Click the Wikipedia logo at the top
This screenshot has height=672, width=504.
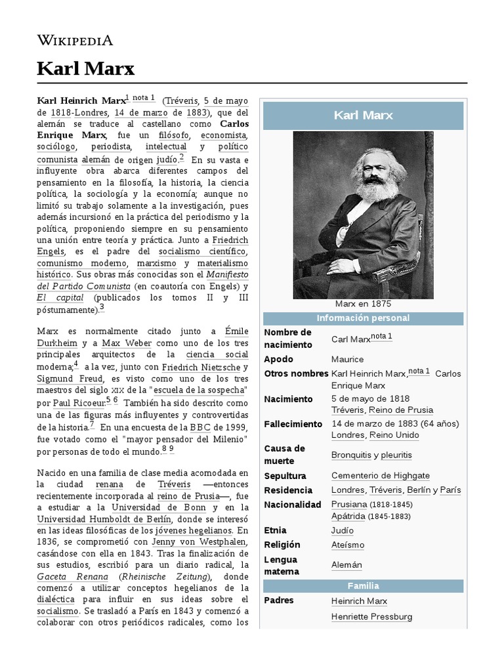click(x=75, y=40)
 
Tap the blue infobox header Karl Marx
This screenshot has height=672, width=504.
click(x=363, y=115)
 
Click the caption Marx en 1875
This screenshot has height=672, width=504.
click(x=363, y=304)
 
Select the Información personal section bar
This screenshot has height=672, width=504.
click(x=363, y=318)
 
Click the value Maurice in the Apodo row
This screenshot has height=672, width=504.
click(x=348, y=359)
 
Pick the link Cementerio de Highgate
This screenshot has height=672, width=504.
click(x=381, y=475)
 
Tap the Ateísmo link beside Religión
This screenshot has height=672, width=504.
click(x=348, y=545)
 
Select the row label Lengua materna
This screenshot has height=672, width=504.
click(x=281, y=565)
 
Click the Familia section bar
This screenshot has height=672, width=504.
click(x=363, y=585)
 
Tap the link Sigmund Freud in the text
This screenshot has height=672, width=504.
click(x=69, y=379)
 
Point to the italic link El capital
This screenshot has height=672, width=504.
click(x=60, y=297)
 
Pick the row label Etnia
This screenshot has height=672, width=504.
click(x=275, y=530)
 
